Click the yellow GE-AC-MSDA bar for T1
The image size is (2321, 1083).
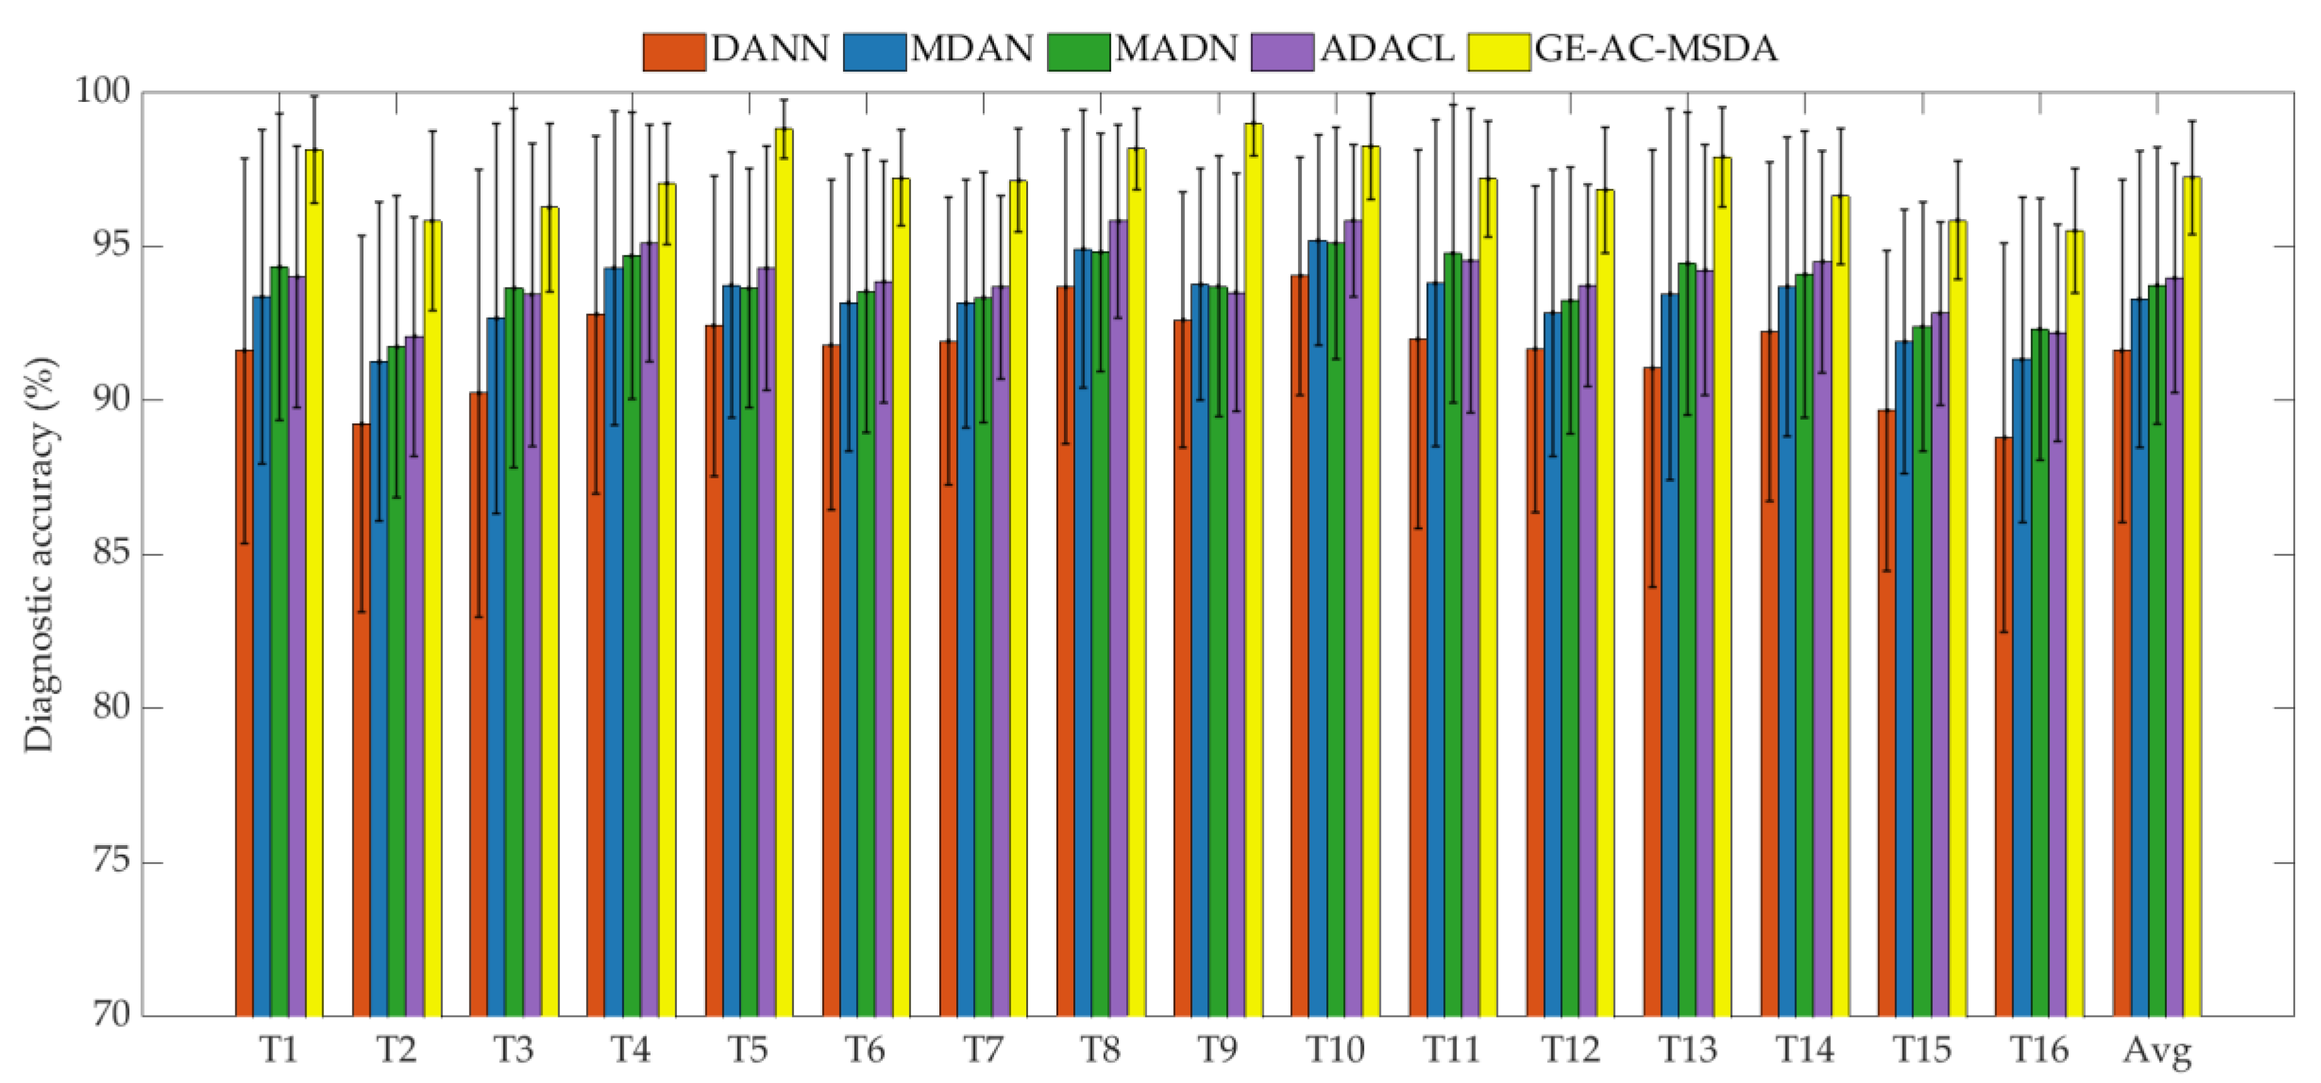[x=315, y=586]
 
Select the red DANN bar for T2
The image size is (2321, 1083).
[x=361, y=721]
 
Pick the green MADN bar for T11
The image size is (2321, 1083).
[x=1452, y=631]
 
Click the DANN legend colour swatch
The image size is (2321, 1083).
[x=674, y=52]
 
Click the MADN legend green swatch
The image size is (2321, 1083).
[x=1078, y=52]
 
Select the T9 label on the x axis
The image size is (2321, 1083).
[x=1217, y=1050]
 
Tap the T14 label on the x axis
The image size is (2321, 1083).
[x=1804, y=1050]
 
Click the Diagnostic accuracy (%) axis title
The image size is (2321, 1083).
[x=40, y=554]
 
